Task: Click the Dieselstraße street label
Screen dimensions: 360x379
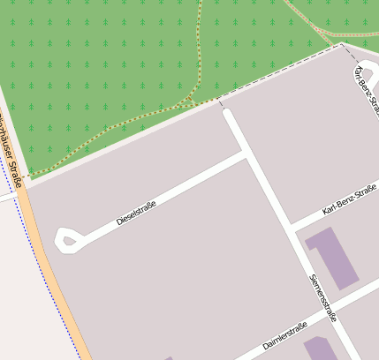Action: [136, 213]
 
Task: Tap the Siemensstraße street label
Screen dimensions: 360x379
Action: [322, 297]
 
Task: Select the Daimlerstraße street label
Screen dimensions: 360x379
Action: [284, 337]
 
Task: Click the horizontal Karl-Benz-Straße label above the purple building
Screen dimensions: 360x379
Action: [350, 199]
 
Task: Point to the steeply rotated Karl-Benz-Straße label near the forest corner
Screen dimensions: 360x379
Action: [366, 88]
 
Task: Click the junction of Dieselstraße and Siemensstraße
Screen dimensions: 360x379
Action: [246, 155]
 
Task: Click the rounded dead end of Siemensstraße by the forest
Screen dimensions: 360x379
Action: [226, 114]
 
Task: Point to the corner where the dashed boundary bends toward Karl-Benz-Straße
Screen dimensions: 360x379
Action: [341, 45]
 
